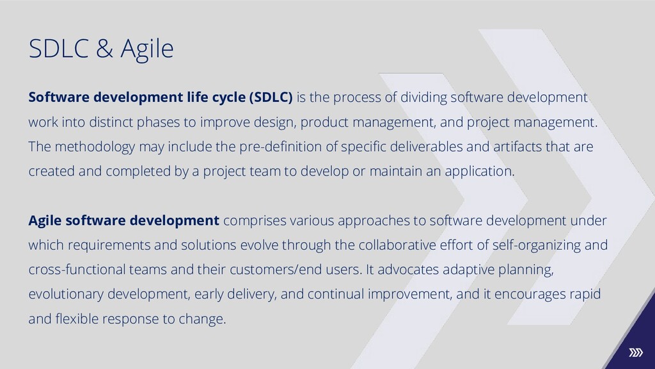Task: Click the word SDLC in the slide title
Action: click(58, 48)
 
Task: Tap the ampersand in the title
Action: click(104, 48)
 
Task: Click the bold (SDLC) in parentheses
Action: click(271, 97)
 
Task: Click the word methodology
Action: click(95, 147)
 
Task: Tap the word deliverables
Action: click(426, 147)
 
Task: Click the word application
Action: click(480, 172)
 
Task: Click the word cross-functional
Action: click(77, 270)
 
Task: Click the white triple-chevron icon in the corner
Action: click(636, 353)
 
